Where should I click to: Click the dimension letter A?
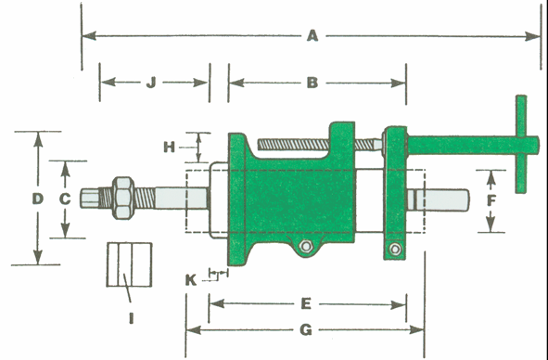tap(312, 35)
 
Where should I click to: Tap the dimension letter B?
tap(312, 83)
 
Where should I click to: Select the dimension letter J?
tap(150, 83)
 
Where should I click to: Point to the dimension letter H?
tap(169, 148)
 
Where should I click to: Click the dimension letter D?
tap(37, 199)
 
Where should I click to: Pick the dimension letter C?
tap(65, 199)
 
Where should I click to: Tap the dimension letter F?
tap(491, 201)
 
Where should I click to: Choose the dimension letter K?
tap(190, 280)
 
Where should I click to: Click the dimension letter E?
tap(306, 303)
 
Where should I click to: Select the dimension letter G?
tap(306, 330)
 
